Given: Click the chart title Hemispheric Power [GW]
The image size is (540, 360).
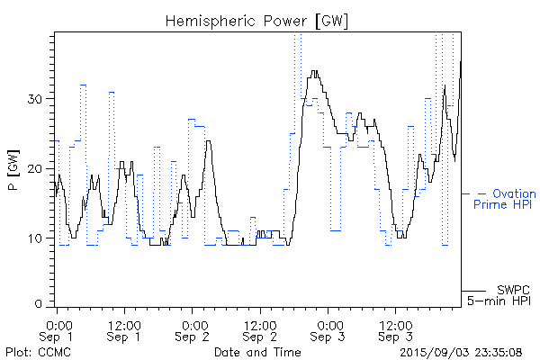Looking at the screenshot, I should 257,20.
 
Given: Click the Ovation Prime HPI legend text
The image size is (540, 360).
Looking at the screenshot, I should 506,199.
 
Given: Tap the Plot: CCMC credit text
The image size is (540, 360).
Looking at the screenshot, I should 34,351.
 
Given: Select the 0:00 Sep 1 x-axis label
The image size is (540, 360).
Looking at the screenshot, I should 58,329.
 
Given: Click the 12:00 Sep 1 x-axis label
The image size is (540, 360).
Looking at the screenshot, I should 124,329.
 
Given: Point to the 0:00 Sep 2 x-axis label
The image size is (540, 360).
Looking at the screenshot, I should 193,329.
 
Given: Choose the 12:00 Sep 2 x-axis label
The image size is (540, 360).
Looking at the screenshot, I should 259,329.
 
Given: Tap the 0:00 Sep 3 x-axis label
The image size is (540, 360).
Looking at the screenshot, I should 328,329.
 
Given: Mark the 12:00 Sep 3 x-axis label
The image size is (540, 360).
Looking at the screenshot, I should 395,329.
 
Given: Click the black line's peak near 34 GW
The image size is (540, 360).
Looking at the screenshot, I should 313,72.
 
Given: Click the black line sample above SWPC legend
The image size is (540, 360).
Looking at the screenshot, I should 473,290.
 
